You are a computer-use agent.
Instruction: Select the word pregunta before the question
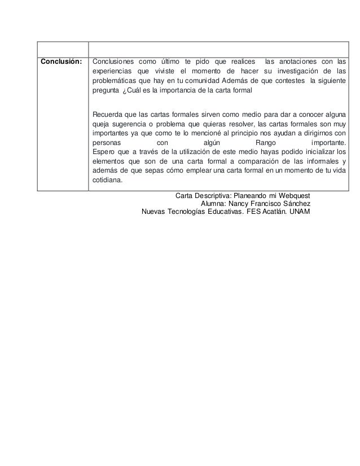[106, 91]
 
